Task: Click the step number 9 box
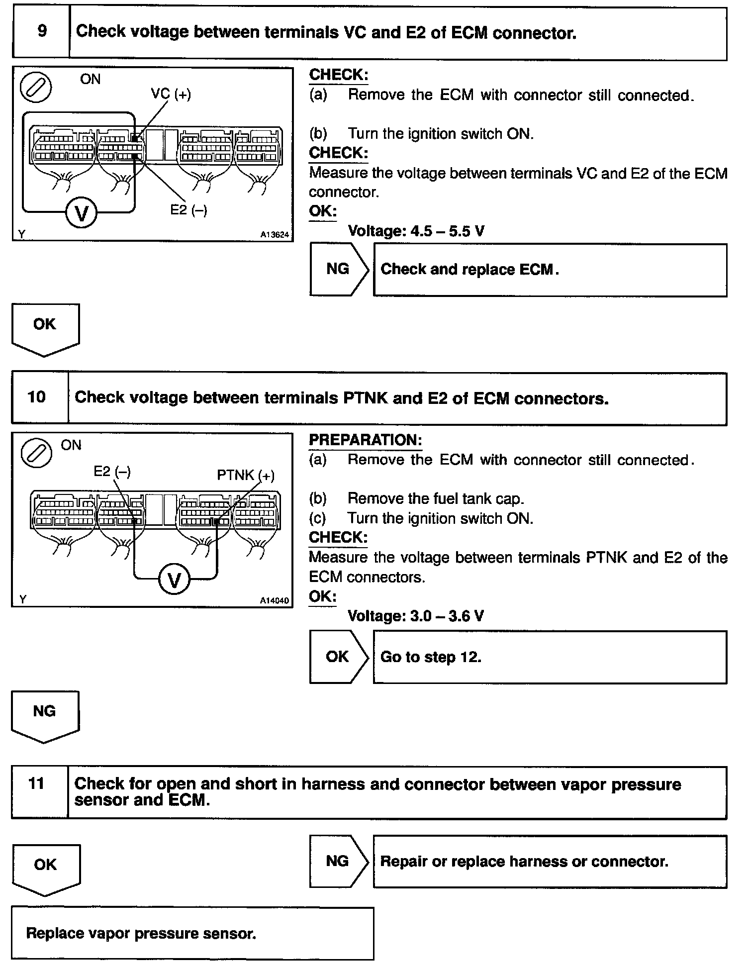point(41,32)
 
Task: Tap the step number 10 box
point(37,397)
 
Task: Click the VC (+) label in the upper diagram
point(171,94)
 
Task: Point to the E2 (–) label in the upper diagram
point(188,210)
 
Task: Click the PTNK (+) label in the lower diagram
point(246,475)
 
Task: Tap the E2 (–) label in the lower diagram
point(112,471)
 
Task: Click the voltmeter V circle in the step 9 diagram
point(82,213)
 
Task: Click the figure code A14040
point(274,600)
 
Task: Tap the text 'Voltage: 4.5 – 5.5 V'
point(416,231)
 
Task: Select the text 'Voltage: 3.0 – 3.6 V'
point(416,616)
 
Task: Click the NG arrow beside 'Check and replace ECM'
point(339,269)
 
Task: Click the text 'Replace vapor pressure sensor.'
point(141,933)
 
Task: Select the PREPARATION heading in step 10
point(366,440)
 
